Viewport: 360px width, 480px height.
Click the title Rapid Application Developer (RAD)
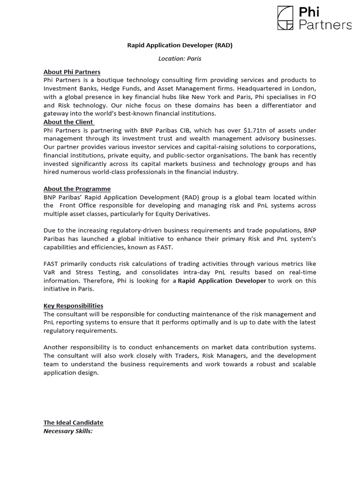click(x=180, y=45)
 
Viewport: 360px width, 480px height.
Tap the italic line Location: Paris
click(x=180, y=59)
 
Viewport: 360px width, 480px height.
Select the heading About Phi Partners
click(x=72, y=72)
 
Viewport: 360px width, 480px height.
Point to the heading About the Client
click(x=68, y=122)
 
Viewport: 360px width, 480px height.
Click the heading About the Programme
click(x=77, y=189)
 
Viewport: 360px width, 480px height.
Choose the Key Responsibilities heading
click(x=73, y=306)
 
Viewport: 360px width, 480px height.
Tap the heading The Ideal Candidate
click(x=73, y=422)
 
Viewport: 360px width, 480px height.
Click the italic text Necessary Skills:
click(x=68, y=431)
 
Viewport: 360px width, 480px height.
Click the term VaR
click(x=51, y=272)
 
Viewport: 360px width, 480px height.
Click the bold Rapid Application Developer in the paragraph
click(x=222, y=281)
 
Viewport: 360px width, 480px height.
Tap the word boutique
click(x=111, y=80)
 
